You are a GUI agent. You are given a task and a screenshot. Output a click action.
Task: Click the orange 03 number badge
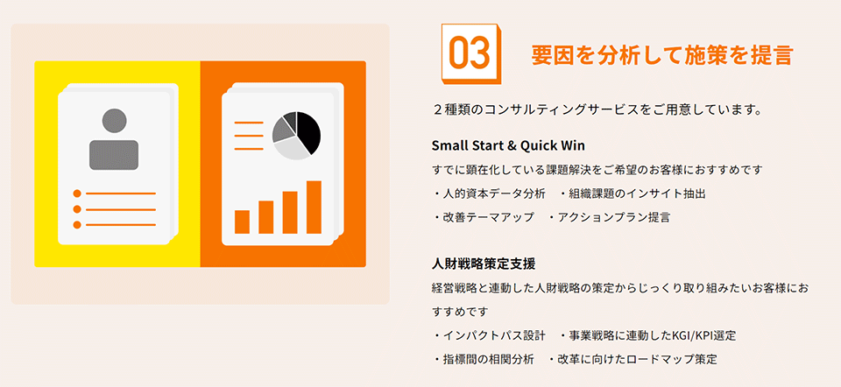(x=470, y=53)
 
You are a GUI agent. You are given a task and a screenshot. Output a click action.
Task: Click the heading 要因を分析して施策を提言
(x=662, y=55)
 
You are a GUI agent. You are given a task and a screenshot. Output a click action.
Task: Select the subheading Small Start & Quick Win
(x=508, y=146)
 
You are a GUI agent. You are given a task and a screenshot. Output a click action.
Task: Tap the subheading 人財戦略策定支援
(x=484, y=264)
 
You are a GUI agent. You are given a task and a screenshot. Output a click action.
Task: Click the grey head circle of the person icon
(x=114, y=121)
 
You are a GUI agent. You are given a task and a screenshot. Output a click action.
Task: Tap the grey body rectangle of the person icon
(x=114, y=155)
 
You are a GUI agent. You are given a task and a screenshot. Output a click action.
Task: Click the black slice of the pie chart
(x=307, y=131)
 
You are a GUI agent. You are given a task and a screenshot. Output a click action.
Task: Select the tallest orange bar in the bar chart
(x=314, y=208)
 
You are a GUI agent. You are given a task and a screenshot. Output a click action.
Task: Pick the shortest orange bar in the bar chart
(x=242, y=222)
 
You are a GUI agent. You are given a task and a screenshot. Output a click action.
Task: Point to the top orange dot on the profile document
(x=77, y=193)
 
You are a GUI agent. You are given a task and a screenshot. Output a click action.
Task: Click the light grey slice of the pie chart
(x=292, y=148)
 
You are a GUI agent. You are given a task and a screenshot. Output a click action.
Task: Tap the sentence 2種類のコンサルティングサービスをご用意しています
(x=597, y=110)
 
